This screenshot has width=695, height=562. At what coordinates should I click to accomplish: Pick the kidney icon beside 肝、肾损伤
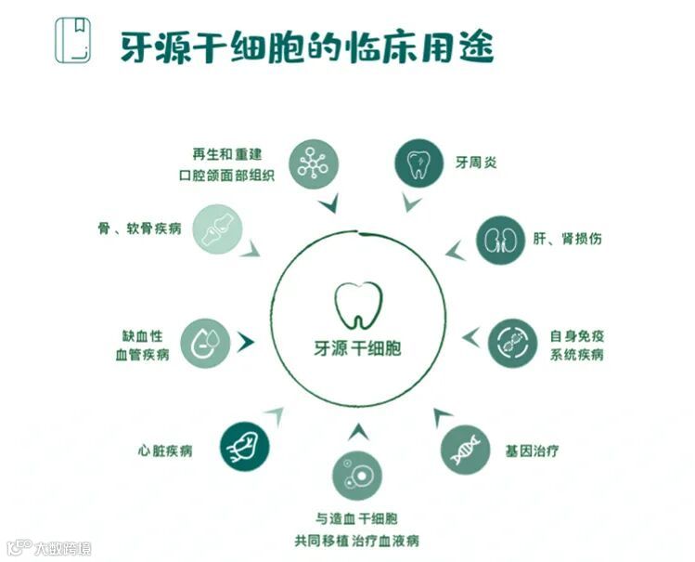(x=500, y=240)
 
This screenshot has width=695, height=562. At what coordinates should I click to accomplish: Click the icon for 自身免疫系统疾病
(x=512, y=343)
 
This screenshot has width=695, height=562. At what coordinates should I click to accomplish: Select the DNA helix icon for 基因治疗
(x=465, y=450)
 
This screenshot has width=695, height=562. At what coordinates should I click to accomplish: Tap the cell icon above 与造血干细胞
(x=356, y=476)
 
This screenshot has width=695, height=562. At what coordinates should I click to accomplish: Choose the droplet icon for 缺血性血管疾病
(x=205, y=343)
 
